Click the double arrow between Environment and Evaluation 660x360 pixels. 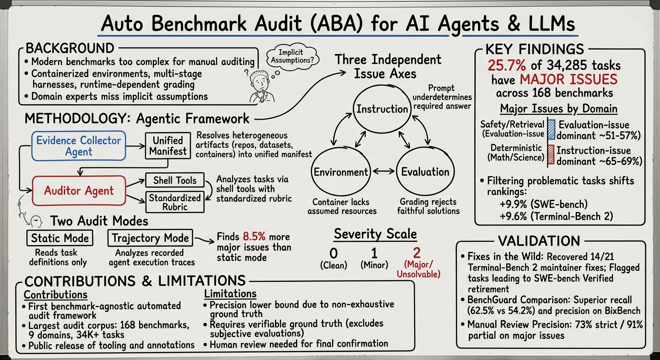383,171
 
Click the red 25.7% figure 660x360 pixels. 507,65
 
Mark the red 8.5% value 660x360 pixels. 254,237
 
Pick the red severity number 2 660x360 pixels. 417,253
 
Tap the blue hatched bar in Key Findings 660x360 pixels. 551,129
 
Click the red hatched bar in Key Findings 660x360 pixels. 551,155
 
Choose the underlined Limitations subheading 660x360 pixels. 231,294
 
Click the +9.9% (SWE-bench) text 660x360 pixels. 544,204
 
